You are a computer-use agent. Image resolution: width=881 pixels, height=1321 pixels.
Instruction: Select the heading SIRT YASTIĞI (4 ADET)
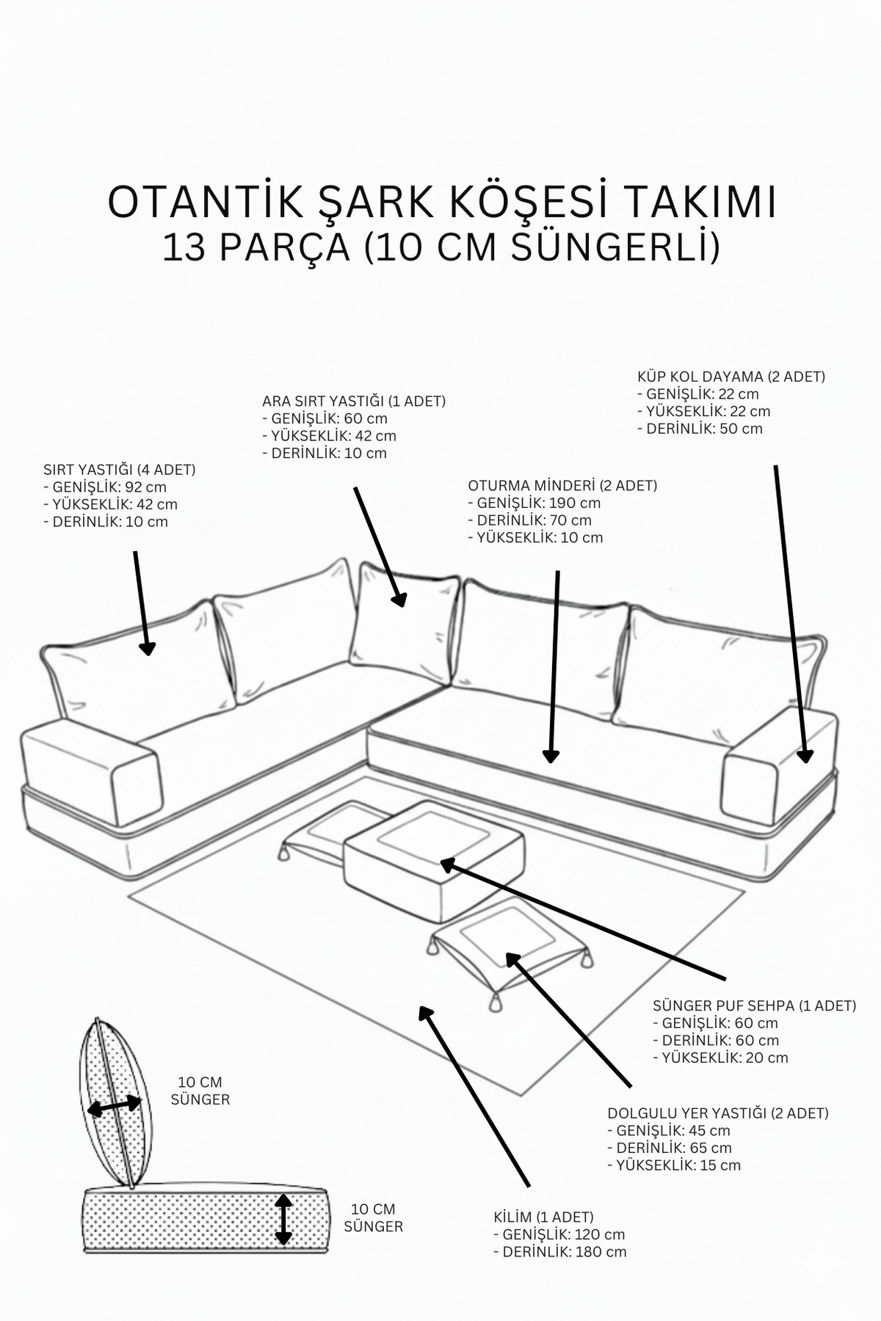[x=120, y=470]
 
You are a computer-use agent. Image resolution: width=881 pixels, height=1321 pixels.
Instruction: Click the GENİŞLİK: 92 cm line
[x=105, y=487]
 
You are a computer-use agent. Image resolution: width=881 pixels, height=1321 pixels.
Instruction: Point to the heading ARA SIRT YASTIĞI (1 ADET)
[x=354, y=401]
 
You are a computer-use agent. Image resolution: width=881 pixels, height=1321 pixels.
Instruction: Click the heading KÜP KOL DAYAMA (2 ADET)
[x=731, y=376]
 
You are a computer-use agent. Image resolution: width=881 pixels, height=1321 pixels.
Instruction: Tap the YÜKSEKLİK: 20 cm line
[x=720, y=1058]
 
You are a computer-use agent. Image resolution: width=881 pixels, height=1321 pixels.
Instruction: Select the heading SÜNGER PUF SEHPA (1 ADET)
[x=755, y=1005]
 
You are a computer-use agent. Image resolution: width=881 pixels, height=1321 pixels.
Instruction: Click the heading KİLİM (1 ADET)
[x=544, y=1217]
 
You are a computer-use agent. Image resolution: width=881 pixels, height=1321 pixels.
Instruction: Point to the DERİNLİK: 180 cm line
[x=560, y=1252]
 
